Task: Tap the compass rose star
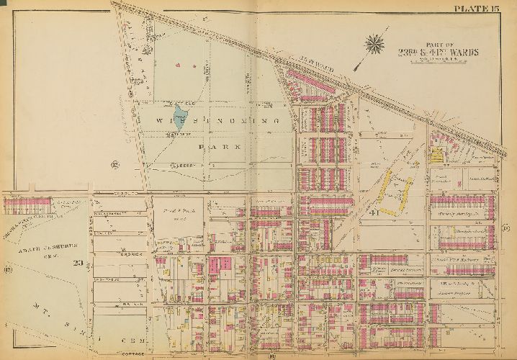pyautogui.click(x=375, y=45)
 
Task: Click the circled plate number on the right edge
pyautogui.click(x=506, y=228)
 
